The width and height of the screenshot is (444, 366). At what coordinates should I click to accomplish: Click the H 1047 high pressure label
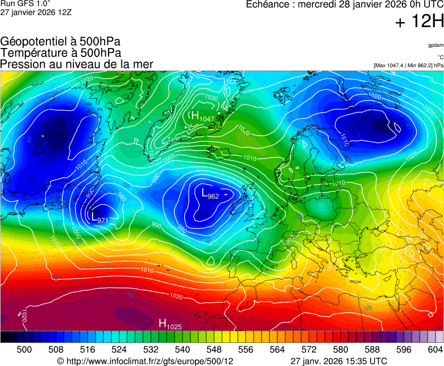[x=202, y=117]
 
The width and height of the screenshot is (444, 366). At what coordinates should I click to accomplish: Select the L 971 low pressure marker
[x=99, y=217]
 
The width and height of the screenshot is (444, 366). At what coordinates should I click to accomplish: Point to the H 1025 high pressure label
[x=169, y=324]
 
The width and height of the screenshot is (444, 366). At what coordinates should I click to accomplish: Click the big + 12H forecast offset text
[x=420, y=22]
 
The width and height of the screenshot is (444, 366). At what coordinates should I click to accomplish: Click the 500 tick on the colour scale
[x=24, y=350]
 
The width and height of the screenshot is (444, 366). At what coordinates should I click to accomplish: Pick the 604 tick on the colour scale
[x=435, y=350]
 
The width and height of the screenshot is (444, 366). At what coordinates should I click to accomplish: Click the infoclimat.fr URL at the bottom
[x=145, y=361]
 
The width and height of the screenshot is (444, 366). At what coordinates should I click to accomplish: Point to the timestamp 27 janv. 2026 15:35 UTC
[x=339, y=361]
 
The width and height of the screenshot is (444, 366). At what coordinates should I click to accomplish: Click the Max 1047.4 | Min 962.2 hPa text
[x=408, y=66]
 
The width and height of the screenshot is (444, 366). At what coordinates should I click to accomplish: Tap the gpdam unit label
[x=436, y=45]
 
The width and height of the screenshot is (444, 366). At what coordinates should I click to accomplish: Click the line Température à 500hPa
[x=60, y=53]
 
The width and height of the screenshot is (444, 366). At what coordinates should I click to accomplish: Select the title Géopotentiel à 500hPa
[x=60, y=42]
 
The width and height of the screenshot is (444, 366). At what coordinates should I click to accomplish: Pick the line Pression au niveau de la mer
[x=77, y=64]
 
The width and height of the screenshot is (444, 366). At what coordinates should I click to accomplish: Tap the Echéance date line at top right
[x=345, y=5]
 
